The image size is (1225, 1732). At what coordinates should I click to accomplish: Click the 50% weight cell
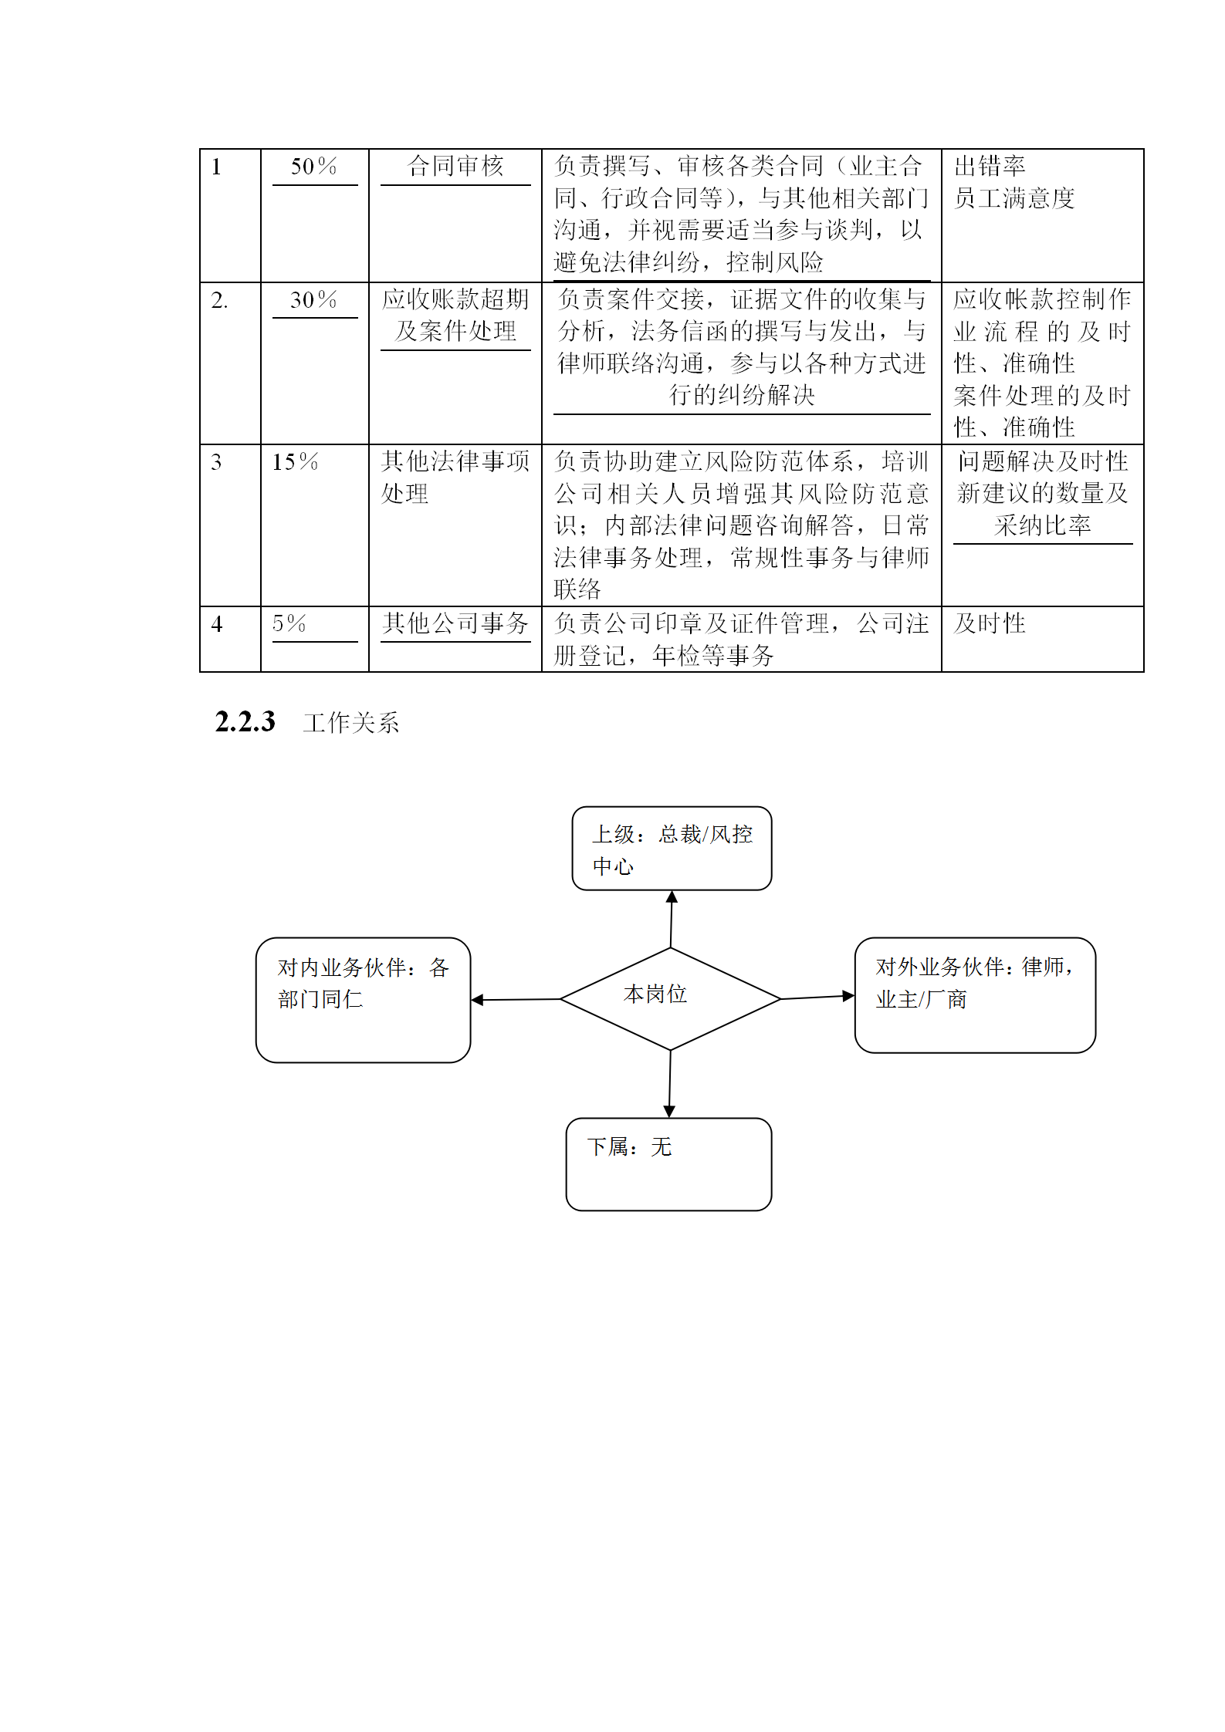[x=313, y=167]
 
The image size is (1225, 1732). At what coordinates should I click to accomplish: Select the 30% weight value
[x=313, y=300]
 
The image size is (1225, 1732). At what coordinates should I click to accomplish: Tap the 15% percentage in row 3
[x=295, y=462]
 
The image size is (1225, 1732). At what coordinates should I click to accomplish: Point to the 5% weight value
[x=289, y=623]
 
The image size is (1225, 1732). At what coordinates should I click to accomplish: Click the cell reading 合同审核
[x=455, y=166]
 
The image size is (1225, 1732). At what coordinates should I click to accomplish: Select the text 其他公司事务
[x=455, y=623]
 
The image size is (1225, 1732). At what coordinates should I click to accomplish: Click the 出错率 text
[x=990, y=166]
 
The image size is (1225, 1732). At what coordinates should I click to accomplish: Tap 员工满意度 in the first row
[x=1014, y=198]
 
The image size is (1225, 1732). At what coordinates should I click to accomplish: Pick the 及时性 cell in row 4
[x=990, y=623]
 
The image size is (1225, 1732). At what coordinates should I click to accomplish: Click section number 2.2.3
[x=245, y=722]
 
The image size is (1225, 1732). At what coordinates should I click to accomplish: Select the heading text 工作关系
[x=351, y=723]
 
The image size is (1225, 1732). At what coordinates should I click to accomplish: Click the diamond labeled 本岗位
[x=670, y=999]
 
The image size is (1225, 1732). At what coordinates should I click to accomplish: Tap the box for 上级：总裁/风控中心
[x=672, y=849]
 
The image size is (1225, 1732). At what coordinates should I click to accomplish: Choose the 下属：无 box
[x=668, y=1164]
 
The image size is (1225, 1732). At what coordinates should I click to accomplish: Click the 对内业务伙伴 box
[x=363, y=1000]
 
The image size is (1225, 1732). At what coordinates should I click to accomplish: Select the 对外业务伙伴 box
[x=975, y=995]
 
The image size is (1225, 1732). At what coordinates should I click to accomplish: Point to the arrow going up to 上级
[x=672, y=919]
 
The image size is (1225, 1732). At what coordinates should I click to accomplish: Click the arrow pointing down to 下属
[x=669, y=1084]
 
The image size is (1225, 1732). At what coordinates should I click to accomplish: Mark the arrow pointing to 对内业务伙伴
[x=516, y=1000]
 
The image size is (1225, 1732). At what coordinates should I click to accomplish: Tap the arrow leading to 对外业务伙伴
[x=818, y=998]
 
